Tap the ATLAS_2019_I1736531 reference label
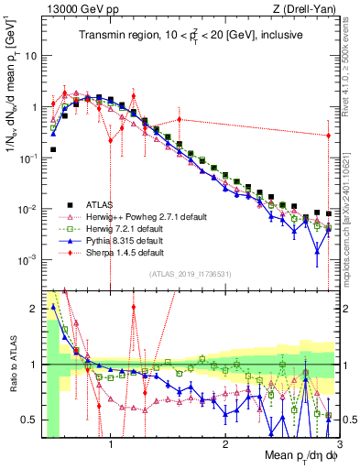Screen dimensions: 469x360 [x=190, y=274]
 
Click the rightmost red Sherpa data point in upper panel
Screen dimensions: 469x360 [x=329, y=136]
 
